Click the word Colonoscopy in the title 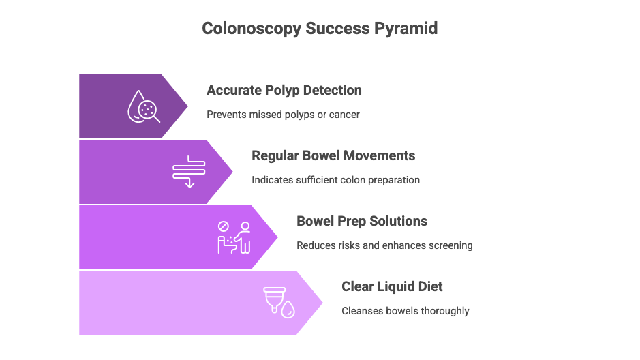click(252, 29)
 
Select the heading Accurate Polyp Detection click(284, 91)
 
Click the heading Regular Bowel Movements click(333, 155)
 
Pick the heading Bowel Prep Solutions click(362, 221)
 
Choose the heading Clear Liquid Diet click(392, 286)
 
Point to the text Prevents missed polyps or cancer click(283, 115)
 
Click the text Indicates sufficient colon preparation click(335, 180)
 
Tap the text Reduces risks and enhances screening click(384, 245)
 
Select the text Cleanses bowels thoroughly click(406, 311)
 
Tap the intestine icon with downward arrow click(189, 171)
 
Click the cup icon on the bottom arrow click(274, 299)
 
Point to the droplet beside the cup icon click(288, 310)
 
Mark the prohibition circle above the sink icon click(224, 226)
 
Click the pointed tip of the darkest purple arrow click(187, 106)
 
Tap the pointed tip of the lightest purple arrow click(322, 303)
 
